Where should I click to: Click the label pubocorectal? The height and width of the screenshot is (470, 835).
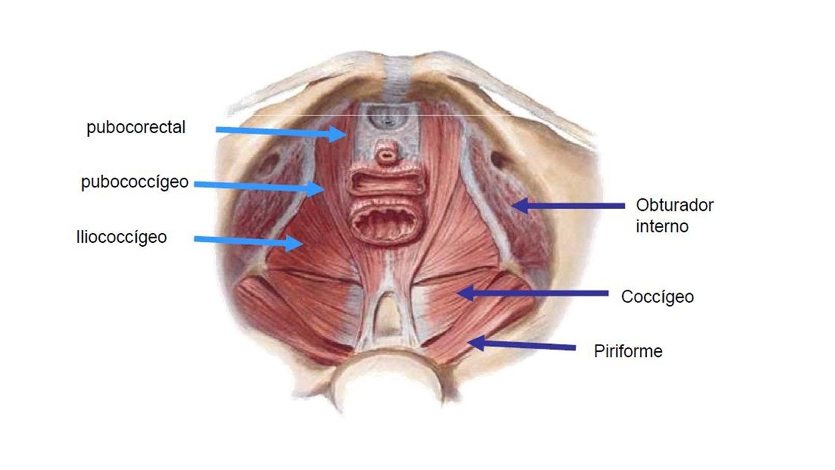pyautogui.click(x=136, y=127)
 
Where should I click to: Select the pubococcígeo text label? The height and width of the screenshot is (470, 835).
pyautogui.click(x=134, y=182)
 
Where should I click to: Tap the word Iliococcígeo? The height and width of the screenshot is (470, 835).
pyautogui.click(x=121, y=237)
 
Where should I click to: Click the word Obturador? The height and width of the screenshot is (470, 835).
pyautogui.click(x=675, y=205)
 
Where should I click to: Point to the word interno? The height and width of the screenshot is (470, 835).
pyautogui.click(x=662, y=227)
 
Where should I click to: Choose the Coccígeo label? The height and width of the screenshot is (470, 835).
pyautogui.click(x=657, y=297)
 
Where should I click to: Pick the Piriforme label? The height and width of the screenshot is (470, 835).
pyautogui.click(x=628, y=351)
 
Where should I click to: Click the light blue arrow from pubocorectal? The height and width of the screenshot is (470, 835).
pyautogui.click(x=281, y=132)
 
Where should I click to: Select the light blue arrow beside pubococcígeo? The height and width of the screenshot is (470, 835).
pyautogui.click(x=259, y=187)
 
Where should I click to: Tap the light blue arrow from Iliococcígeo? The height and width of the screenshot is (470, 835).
pyautogui.click(x=249, y=242)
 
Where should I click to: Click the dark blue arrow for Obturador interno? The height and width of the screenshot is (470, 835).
pyautogui.click(x=568, y=206)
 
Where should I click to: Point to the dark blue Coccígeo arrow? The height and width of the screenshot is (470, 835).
pyautogui.click(x=532, y=293)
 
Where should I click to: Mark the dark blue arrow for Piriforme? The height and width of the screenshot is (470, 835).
pyautogui.click(x=521, y=345)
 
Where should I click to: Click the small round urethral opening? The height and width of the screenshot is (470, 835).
pyautogui.click(x=387, y=153)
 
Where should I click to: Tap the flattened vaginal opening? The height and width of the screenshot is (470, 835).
pyautogui.click(x=386, y=182)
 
